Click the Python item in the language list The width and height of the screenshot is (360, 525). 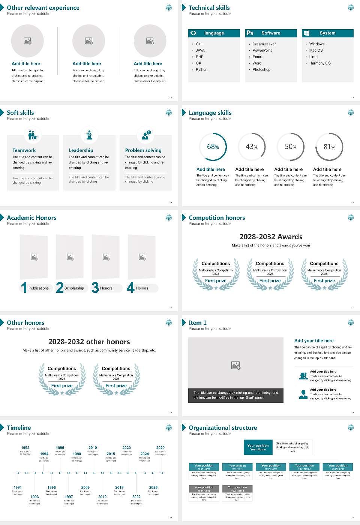201,69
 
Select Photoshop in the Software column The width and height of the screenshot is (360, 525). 261,69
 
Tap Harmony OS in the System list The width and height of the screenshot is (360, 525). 320,63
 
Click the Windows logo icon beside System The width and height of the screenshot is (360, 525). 306,33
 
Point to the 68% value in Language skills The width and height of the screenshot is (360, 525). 213,147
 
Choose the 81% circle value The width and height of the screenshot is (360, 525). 329,147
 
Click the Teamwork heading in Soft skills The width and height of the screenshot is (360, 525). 24,150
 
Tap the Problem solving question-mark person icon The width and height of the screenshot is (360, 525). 146,135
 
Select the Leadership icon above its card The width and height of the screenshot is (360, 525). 89,135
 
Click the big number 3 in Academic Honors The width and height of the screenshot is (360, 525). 95,288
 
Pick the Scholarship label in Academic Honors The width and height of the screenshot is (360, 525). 74,288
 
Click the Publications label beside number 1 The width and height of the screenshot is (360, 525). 39,288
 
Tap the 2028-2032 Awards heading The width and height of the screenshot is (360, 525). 271,237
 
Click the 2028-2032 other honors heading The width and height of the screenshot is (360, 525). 89,342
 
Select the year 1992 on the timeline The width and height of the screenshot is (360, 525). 25,447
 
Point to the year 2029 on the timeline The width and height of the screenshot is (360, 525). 160,447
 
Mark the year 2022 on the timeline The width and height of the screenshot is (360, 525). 136,496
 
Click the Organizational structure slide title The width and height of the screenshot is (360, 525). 223,427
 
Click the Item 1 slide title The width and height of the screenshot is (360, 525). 197,322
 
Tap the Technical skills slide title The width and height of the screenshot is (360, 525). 209,7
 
